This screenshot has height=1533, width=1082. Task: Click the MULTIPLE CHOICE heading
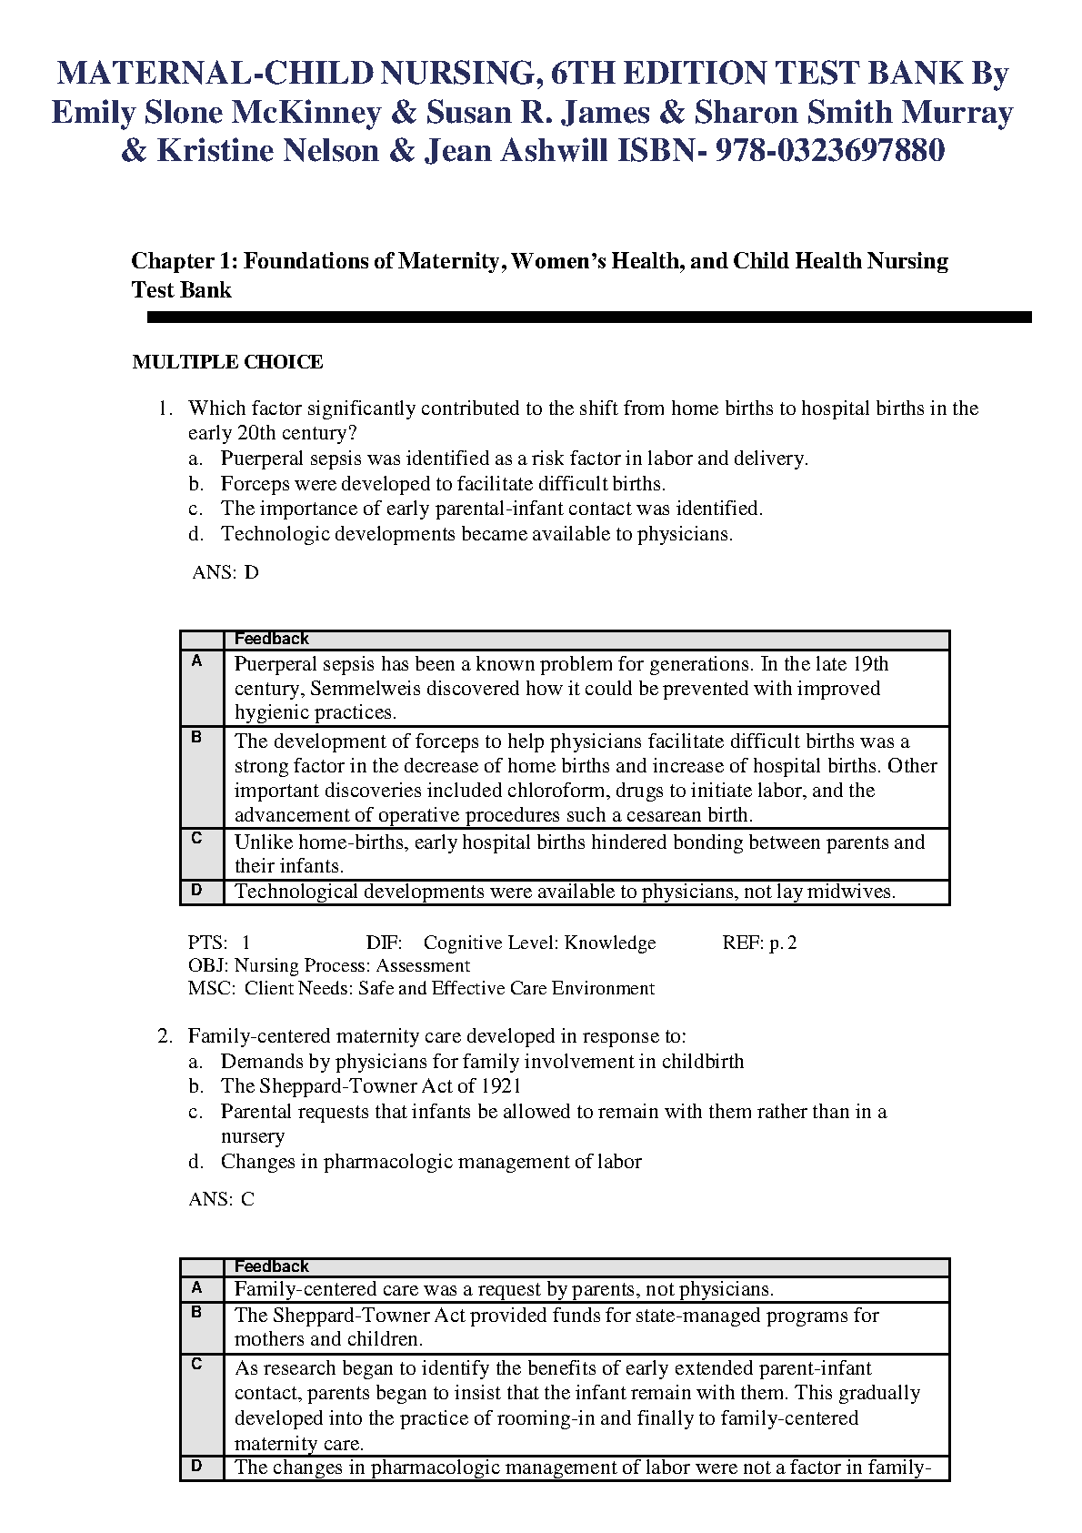tap(227, 362)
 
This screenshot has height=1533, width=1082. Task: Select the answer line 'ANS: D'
tap(225, 572)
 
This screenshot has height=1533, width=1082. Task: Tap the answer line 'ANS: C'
tap(222, 1199)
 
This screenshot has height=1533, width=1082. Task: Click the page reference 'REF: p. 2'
tap(759, 943)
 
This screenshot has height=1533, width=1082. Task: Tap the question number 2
tap(165, 1036)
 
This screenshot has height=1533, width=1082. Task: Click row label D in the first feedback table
tap(197, 891)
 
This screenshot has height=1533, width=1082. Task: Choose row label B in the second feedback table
tap(197, 1313)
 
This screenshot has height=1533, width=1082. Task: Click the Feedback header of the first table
tap(271, 639)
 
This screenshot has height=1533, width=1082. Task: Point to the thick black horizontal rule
tap(589, 318)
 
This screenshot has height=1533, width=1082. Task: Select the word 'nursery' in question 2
tap(252, 1136)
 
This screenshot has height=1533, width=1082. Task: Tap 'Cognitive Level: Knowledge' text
tap(539, 943)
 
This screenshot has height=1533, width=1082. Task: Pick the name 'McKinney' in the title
tap(306, 113)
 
